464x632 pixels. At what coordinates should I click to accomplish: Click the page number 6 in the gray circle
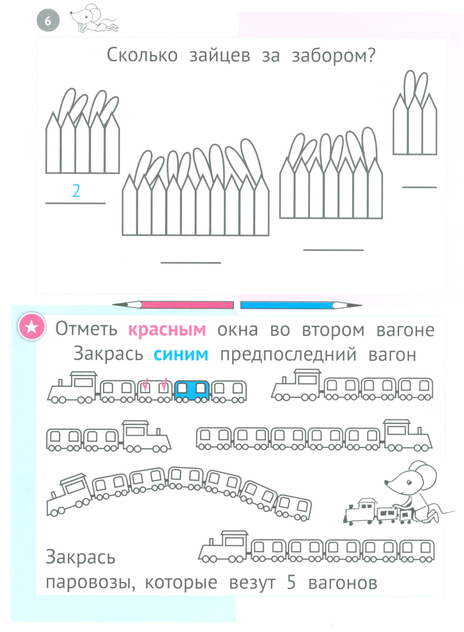point(48,22)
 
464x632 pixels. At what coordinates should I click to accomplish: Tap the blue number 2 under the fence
point(76,191)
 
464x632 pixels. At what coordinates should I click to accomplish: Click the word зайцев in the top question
point(220,56)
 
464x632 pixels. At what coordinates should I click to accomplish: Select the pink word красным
point(167,329)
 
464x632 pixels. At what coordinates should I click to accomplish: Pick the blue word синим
point(181,355)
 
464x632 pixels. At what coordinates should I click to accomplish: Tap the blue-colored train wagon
point(192,391)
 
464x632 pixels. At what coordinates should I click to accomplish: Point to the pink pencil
point(173,305)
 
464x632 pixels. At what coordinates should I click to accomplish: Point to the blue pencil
point(301,305)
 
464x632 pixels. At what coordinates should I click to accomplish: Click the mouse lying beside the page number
point(93,18)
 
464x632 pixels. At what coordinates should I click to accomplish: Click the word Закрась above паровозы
point(81,557)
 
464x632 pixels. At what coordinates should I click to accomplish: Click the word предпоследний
point(288,355)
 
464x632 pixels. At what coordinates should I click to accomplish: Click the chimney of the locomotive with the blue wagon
point(60,383)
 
